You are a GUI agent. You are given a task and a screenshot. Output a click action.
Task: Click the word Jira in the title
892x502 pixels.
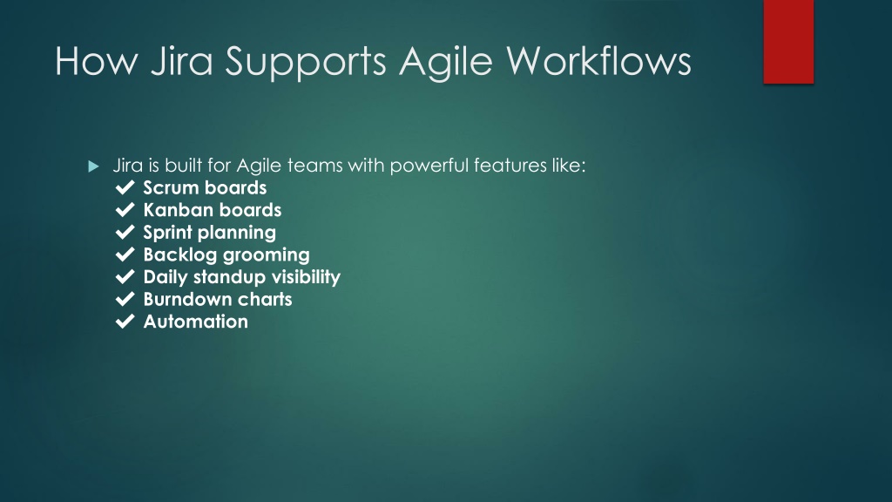(x=181, y=60)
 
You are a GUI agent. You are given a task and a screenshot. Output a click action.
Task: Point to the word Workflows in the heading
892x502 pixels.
(x=598, y=60)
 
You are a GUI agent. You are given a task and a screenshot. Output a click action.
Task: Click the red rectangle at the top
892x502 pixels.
(x=788, y=42)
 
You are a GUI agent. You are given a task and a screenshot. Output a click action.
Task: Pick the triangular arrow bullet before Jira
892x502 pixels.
(x=94, y=166)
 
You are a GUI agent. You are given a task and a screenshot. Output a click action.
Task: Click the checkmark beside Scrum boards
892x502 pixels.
(x=125, y=187)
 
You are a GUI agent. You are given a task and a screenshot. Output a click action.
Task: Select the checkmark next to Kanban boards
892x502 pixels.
(x=125, y=209)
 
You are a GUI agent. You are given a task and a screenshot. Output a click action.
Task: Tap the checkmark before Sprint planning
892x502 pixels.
(x=125, y=232)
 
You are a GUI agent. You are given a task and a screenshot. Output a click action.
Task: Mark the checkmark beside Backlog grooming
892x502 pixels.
(x=125, y=254)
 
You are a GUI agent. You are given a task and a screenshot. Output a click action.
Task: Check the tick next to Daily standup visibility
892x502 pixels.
(x=125, y=276)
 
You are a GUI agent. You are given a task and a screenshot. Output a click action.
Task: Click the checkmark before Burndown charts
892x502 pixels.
(x=125, y=298)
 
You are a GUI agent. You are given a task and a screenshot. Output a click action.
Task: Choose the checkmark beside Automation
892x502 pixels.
(x=125, y=321)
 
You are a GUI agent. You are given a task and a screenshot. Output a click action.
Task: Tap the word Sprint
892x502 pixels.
(x=168, y=233)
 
